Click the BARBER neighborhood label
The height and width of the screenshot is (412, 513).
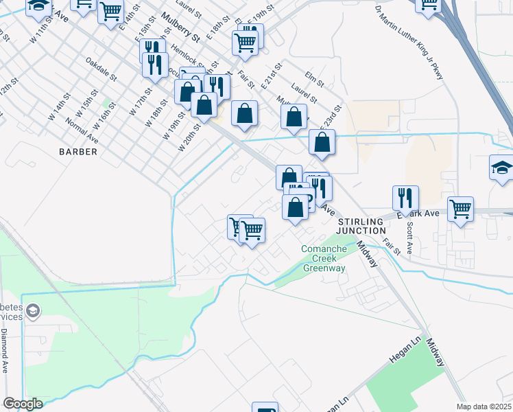pos(78,151)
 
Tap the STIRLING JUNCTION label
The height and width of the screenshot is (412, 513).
pos(361,227)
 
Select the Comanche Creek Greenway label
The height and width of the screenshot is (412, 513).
pos(324,258)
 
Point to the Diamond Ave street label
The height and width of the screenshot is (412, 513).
pos(4,351)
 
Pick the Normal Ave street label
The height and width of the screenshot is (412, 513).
pos(83,130)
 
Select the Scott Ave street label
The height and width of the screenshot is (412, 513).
pos(409,237)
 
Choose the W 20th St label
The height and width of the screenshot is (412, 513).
pos(190,138)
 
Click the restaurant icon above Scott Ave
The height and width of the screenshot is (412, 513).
pos(405,198)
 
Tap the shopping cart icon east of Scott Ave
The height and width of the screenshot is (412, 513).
pos(460,209)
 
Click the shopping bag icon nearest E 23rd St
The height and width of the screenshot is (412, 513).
pos(321,142)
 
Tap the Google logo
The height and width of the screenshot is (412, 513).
pos(23,404)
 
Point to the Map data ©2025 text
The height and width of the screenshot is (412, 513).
pos(484,407)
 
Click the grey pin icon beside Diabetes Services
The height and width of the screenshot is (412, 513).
pos(32,313)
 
